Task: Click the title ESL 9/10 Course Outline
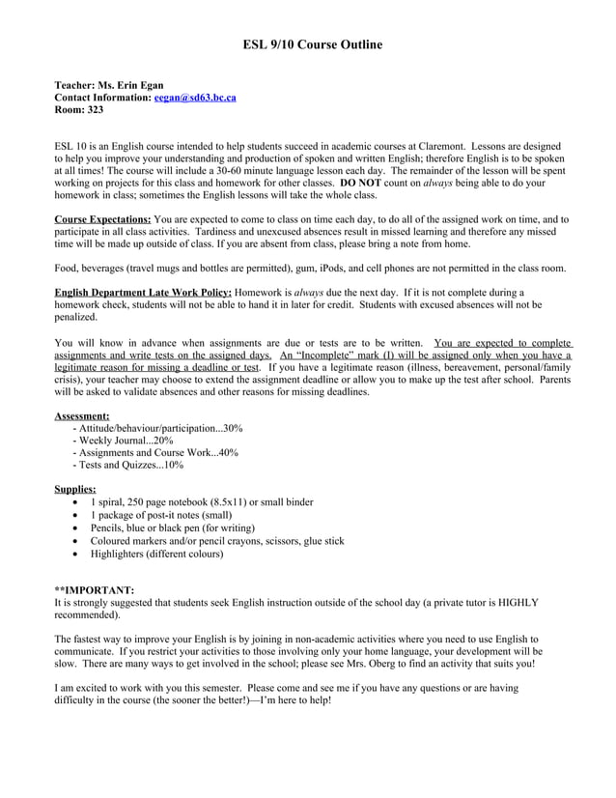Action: [311, 44]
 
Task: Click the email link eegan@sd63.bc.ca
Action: [195, 98]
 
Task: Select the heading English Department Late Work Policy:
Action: [143, 292]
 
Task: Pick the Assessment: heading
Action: [82, 415]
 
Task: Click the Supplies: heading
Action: [75, 490]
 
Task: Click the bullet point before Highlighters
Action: [75, 555]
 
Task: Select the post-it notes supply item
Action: [148, 515]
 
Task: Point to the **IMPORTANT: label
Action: [95, 589]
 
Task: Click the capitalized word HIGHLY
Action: [513, 602]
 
